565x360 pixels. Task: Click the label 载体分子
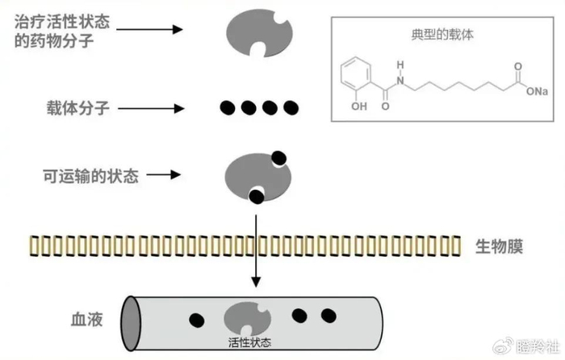(77, 107)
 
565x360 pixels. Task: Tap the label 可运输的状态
(90, 175)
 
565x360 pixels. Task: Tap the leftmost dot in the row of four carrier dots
(230, 107)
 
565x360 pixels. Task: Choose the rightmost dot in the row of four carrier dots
(291, 107)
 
